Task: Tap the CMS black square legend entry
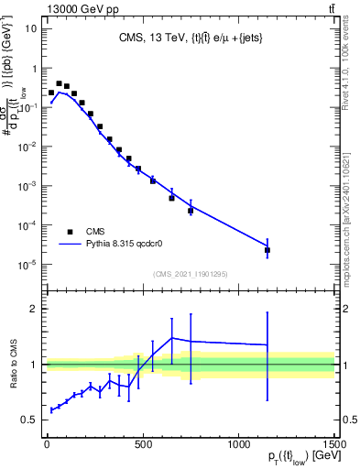coord(70,232)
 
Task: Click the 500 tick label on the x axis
coord(142,443)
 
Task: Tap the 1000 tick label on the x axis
coord(239,443)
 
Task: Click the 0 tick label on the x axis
coord(47,443)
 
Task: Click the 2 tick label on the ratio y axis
coord(34,309)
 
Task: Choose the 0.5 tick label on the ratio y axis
coord(29,420)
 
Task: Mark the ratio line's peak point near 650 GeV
coord(171,338)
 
